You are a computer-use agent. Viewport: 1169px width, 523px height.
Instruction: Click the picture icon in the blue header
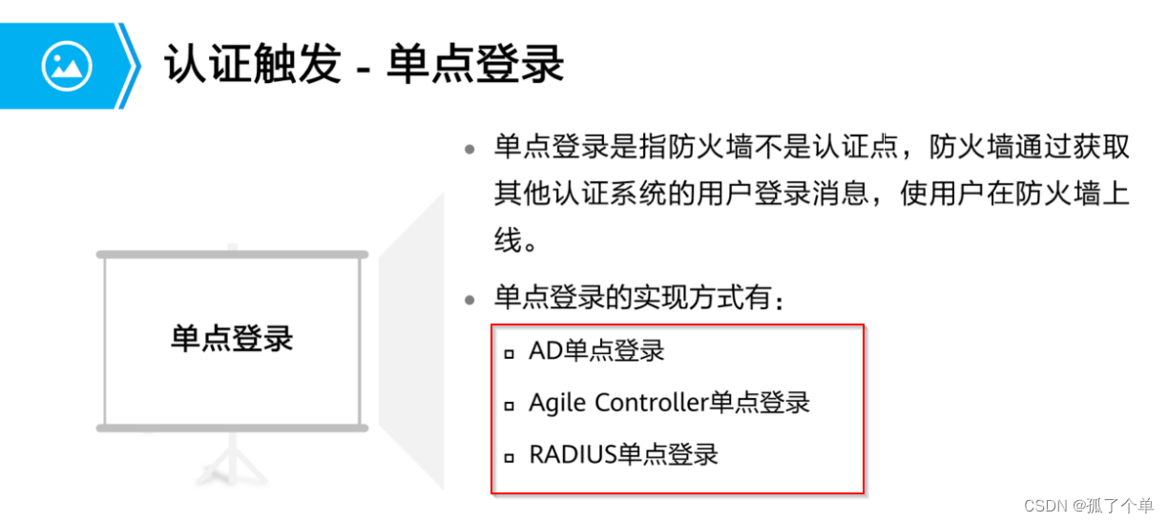pos(67,66)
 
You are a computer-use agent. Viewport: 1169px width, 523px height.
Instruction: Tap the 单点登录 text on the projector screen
pos(232,339)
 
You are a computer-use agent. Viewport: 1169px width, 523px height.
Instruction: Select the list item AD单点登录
pos(596,351)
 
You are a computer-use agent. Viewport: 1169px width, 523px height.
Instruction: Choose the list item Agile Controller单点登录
pos(669,403)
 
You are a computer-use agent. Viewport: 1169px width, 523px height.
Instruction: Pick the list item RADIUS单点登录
pos(623,454)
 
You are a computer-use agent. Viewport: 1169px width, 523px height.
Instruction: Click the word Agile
pos(557,403)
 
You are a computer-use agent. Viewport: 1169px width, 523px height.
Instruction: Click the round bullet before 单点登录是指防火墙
pos(470,150)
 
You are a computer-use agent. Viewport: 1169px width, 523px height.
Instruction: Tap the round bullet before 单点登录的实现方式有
pos(470,301)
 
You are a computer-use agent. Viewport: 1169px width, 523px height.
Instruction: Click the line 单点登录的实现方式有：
pos(639,299)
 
